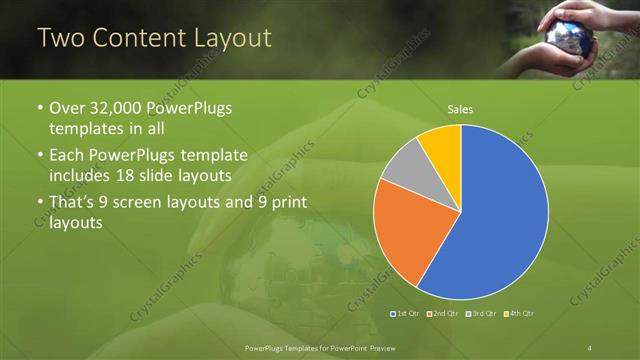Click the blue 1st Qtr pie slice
(495, 215)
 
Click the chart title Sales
(460, 110)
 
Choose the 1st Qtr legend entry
(405, 315)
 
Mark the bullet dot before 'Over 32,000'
(39, 109)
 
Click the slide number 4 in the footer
(591, 347)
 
